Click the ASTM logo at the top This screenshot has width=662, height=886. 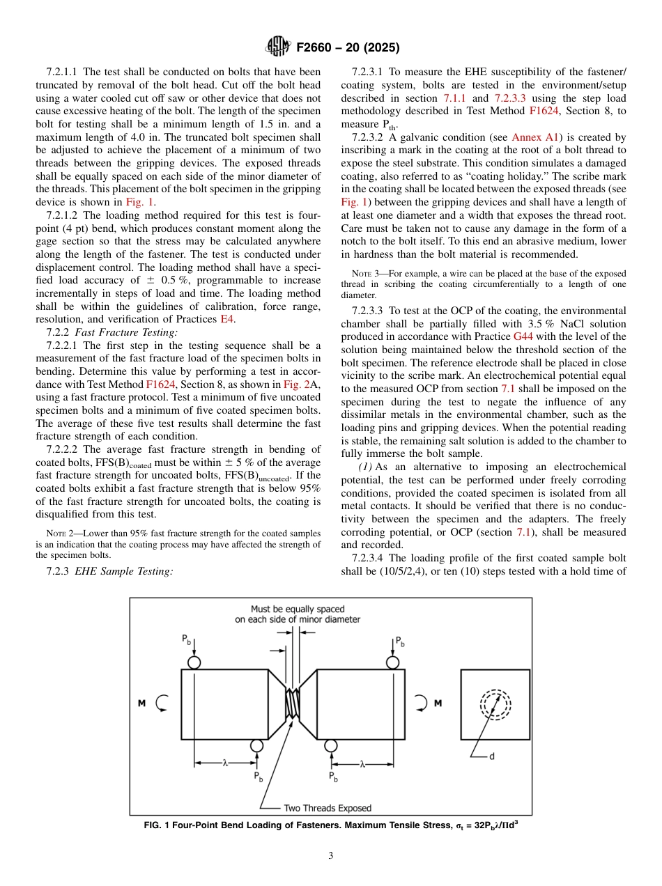278,47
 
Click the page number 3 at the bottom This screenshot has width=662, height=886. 330,855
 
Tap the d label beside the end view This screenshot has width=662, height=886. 491,756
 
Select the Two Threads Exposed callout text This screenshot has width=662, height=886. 328,808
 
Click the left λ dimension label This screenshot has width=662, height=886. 225,763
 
